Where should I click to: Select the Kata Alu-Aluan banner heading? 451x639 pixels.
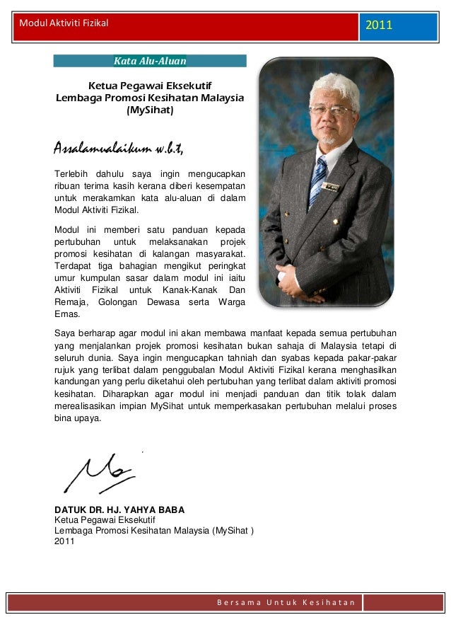coord(150,61)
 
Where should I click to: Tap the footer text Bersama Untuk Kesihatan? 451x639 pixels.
coord(286,602)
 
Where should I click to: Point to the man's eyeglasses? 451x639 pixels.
coord(331,111)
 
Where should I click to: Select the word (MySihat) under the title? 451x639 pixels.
coord(149,111)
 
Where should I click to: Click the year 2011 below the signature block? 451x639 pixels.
coord(64,541)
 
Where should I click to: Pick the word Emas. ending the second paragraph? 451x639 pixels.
coord(67,315)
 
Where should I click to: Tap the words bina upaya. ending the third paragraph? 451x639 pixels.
coord(78,418)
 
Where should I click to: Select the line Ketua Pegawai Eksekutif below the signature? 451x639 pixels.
coord(105,520)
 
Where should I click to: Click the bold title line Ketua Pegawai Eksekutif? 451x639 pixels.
coord(149,86)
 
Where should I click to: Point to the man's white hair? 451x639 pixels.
coord(332,84)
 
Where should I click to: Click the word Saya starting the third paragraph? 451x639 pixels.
coord(65,332)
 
